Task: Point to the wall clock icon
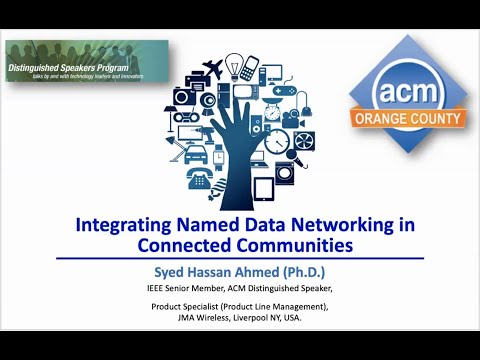(x=278, y=142)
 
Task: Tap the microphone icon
(x=297, y=156)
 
